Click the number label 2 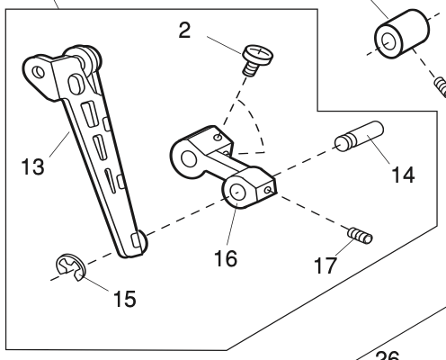184,31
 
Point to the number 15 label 124,299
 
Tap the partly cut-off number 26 387,355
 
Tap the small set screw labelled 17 359,237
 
